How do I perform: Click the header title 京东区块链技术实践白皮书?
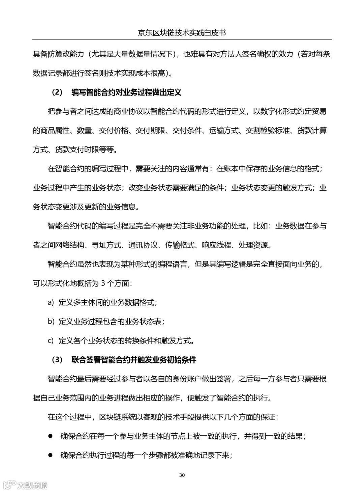tap(182, 33)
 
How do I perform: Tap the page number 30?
tap(182, 475)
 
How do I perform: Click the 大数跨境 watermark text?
tap(32, 485)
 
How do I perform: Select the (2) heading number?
tap(57, 92)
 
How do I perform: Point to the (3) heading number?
tap(57, 360)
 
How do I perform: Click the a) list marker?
tap(51, 302)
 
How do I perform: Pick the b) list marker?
tap(51, 322)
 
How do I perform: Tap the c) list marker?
tap(51, 340)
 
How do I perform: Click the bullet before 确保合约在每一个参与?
tap(50, 436)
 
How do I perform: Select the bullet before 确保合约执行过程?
tap(50, 455)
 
